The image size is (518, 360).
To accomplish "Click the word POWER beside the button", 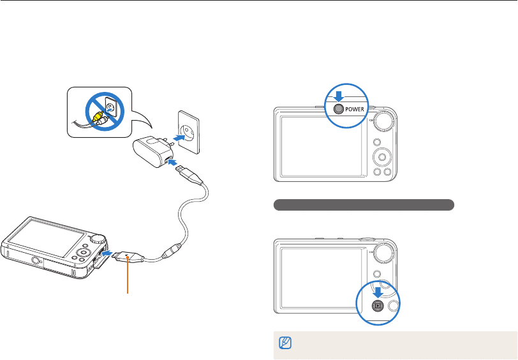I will point(358,109).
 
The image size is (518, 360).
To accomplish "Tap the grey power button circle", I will point(339,109).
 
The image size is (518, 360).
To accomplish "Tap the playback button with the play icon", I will point(377,306).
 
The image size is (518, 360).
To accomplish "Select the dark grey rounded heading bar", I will point(364,205).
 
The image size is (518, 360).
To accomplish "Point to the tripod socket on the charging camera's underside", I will point(36,260).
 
